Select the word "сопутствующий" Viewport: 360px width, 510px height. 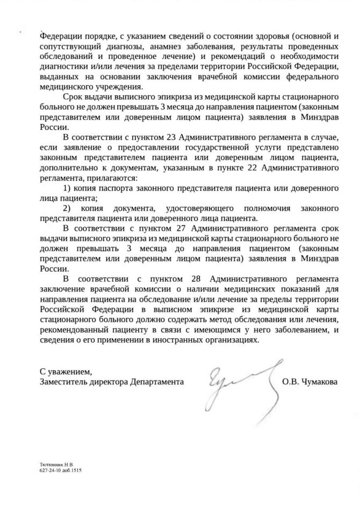[x=66, y=47]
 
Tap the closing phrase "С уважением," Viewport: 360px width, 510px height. [x=62, y=371]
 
